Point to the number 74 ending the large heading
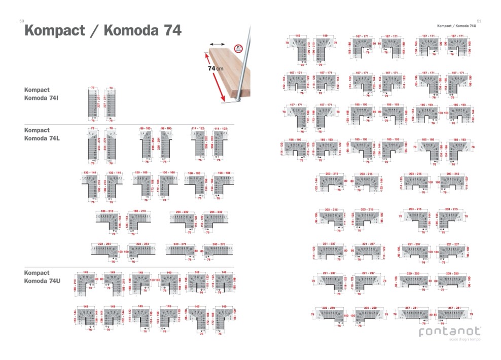click(x=170, y=31)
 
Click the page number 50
click(x=21, y=21)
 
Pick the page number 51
click(x=479, y=21)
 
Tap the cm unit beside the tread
click(x=220, y=68)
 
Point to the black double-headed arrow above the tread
click(x=217, y=45)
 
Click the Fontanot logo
click(x=449, y=332)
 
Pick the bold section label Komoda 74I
click(x=44, y=97)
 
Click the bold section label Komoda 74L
click(x=44, y=138)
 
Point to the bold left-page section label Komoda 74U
click(x=44, y=280)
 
